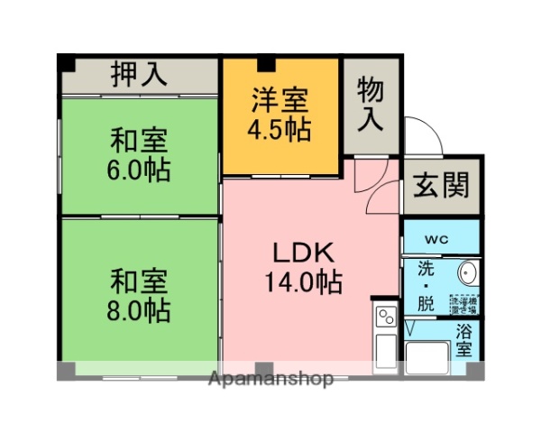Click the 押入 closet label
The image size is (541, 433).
(139, 75)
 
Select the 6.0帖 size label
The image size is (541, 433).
(140, 170)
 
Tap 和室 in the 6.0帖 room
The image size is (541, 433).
(140, 141)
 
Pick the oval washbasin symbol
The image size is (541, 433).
(467, 273)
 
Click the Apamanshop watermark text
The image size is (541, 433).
(270, 378)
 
